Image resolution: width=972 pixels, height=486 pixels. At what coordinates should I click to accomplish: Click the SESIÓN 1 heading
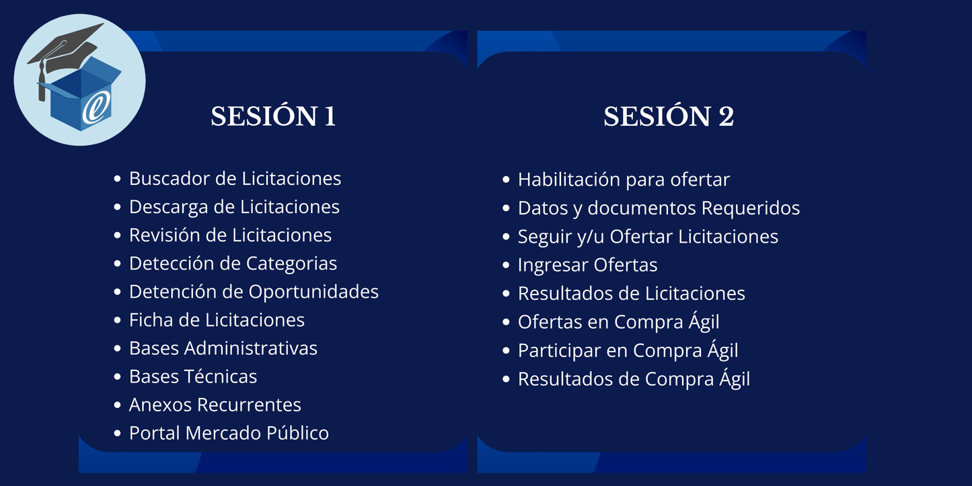273,116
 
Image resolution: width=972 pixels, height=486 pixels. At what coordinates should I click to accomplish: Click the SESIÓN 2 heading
669,116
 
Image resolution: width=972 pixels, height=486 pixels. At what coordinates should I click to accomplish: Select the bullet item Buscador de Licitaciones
235,179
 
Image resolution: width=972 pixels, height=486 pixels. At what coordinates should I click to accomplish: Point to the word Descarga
168,207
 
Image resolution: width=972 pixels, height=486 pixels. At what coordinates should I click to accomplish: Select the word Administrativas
251,348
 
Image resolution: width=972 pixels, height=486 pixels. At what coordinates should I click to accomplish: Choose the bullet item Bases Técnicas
192,376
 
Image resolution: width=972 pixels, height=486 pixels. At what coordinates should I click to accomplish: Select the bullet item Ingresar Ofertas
587,266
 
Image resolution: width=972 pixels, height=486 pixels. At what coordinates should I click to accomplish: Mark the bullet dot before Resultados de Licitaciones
507,294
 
